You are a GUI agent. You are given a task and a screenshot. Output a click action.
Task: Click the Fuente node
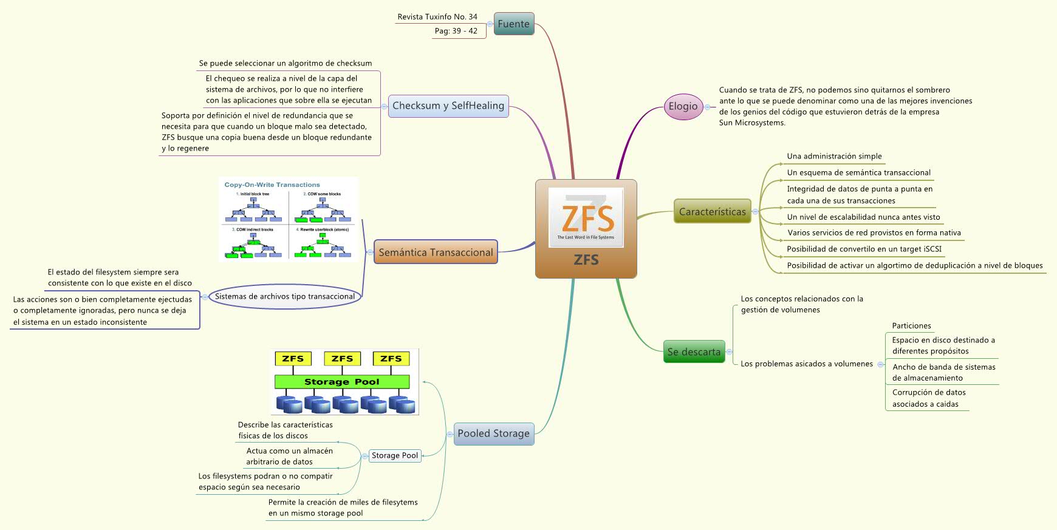pyautogui.click(x=513, y=24)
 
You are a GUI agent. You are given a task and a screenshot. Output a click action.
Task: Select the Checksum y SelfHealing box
pyautogui.click(x=448, y=106)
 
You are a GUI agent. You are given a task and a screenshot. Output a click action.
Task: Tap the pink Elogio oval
pyautogui.click(x=683, y=106)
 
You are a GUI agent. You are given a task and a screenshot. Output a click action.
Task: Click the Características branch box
pyautogui.click(x=712, y=212)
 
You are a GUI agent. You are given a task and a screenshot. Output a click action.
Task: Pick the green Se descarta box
pyautogui.click(x=694, y=352)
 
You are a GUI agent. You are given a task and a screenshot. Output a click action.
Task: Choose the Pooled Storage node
pyautogui.click(x=493, y=433)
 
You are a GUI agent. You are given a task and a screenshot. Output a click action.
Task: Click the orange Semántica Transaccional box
pyautogui.click(x=436, y=252)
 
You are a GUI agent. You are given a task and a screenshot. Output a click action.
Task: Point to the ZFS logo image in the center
pyautogui.click(x=586, y=217)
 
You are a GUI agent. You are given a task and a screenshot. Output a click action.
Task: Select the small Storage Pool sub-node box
pyautogui.click(x=395, y=455)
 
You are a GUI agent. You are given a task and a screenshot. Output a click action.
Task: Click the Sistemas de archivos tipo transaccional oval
pyautogui.click(x=284, y=296)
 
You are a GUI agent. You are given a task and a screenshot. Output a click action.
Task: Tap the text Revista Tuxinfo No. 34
pyautogui.click(x=437, y=17)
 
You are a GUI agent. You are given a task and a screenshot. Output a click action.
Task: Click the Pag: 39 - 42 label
pyautogui.click(x=456, y=31)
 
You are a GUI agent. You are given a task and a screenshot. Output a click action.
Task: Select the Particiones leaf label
pyautogui.click(x=911, y=326)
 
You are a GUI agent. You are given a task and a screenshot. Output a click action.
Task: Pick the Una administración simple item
pyautogui.click(x=834, y=156)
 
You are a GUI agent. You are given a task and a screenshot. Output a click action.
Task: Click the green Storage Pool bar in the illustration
pyautogui.click(x=341, y=382)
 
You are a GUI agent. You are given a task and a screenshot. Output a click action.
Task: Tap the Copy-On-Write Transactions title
pyautogui.click(x=272, y=185)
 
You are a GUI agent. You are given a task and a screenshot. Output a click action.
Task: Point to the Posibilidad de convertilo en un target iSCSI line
pyautogui.click(x=864, y=249)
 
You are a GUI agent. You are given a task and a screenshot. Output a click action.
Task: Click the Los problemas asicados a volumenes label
pyautogui.click(x=806, y=364)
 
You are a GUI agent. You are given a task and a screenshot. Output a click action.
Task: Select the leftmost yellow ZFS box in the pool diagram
pyautogui.click(x=293, y=359)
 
